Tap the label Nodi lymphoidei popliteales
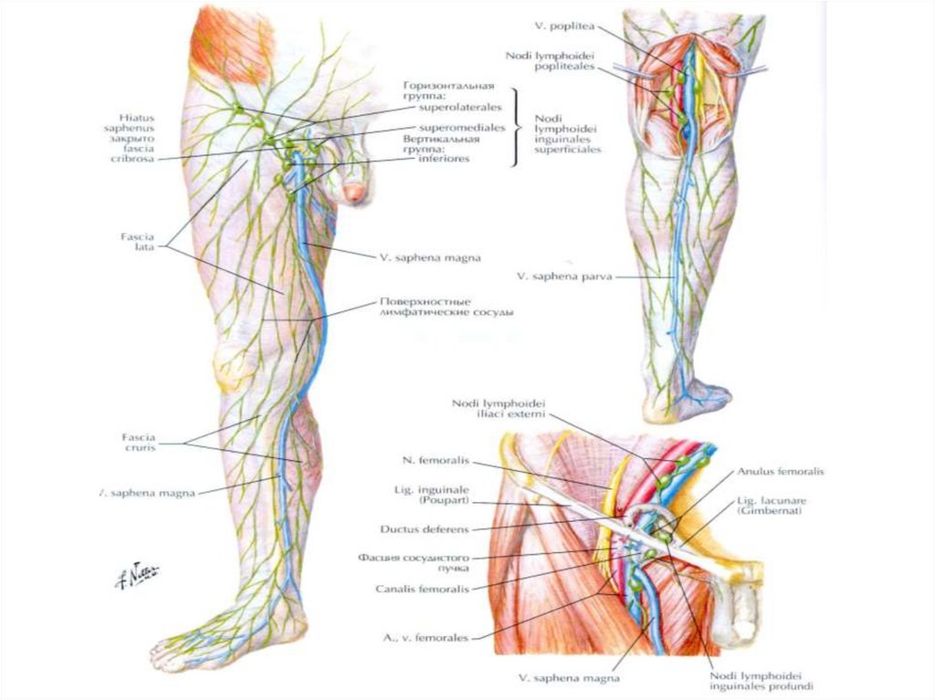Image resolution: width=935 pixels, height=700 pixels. [538, 60]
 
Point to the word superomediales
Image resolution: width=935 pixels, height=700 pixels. [462, 128]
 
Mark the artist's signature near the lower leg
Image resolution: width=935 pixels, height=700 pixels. [137, 572]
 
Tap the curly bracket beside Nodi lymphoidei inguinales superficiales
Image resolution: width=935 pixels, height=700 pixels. [520, 128]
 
